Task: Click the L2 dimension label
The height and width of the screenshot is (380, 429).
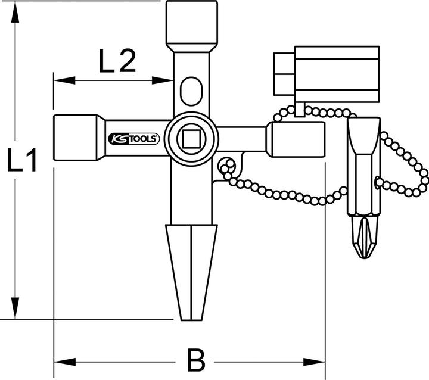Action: click(x=117, y=61)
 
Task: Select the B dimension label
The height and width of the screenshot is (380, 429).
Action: click(x=195, y=360)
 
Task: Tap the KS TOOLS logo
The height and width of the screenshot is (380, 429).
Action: click(x=133, y=139)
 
